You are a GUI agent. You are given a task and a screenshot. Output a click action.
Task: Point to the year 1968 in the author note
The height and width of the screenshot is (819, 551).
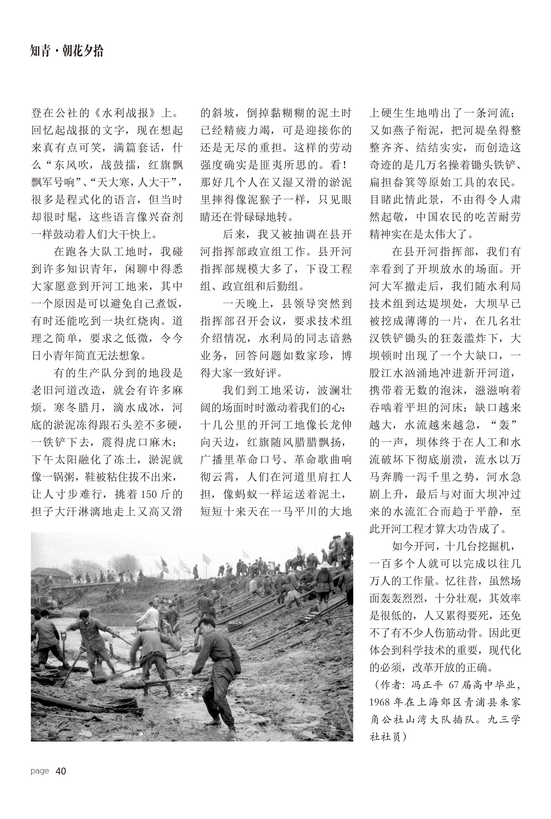(x=380, y=702)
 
